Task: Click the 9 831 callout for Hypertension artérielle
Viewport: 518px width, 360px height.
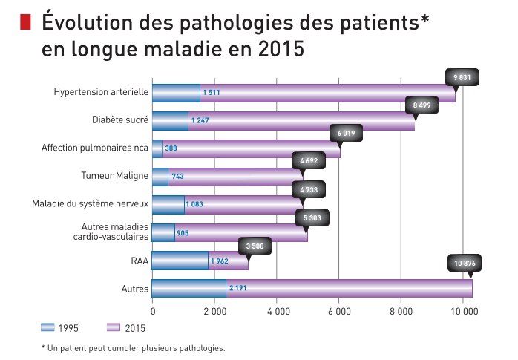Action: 463,76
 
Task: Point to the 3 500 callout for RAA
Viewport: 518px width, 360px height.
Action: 255,246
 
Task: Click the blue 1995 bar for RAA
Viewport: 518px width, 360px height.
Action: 180,261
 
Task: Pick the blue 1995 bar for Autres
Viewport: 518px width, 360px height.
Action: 189,288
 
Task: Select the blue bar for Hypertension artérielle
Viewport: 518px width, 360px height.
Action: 176,93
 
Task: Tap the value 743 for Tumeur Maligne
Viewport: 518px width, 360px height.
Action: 177,177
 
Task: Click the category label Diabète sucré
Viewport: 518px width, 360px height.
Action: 120,120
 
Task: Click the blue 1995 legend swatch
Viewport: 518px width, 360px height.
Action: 49,327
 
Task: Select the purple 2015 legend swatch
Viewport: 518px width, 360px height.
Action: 114,327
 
